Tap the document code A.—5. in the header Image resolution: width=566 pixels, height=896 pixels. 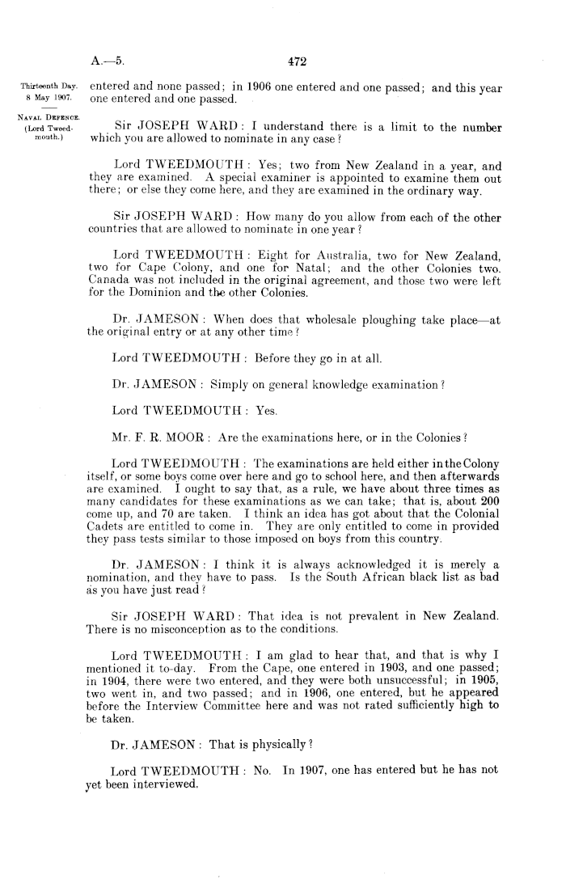tap(107, 58)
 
